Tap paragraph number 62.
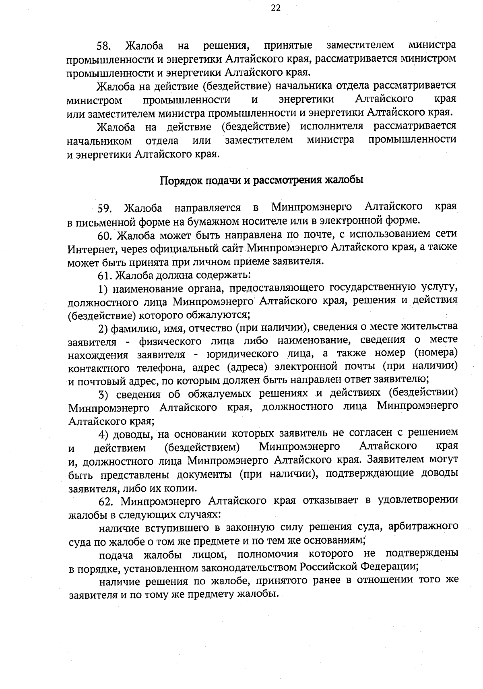point(106,501)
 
